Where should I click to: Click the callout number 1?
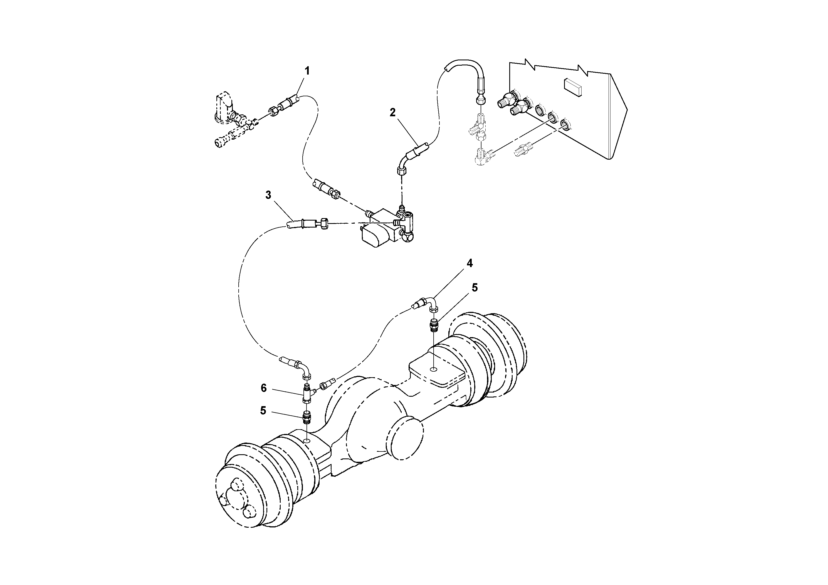307,71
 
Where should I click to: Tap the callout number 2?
393,113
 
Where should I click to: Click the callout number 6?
264,388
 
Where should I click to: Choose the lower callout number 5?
263,410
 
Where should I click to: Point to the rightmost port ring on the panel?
566,125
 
